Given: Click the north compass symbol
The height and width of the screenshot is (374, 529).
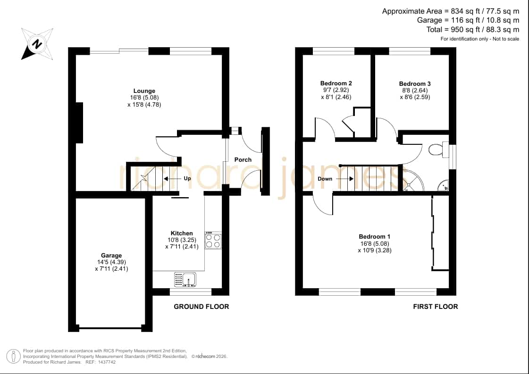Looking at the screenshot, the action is tap(37, 44).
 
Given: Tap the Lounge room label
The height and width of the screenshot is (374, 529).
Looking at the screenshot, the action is tap(144, 91).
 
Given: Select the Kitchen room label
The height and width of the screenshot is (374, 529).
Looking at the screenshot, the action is tap(182, 233).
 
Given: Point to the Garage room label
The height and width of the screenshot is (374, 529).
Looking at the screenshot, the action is tap(111, 255).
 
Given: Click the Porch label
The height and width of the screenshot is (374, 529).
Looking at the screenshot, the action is tap(243, 159).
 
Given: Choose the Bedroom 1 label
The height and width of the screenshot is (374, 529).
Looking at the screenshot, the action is tap(375, 236).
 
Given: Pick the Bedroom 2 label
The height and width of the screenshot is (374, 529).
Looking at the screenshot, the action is tap(336, 83).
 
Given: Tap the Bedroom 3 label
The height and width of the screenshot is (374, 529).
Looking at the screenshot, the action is tap(415, 83).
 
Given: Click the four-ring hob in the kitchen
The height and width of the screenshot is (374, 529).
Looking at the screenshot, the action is tap(213, 241).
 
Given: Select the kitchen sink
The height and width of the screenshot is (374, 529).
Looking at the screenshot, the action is tap(185, 280).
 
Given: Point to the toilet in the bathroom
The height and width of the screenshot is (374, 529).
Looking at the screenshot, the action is tap(438, 150).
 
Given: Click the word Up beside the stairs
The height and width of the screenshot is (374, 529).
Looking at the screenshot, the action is tap(187, 178).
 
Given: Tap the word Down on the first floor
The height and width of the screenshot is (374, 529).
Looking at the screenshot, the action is tap(325, 179).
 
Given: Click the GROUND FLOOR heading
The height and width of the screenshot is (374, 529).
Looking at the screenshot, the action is tap(202, 307).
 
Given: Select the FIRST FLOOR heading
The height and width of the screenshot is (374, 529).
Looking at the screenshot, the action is tap(436, 307).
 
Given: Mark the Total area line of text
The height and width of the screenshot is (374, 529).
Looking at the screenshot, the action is tap(473, 30).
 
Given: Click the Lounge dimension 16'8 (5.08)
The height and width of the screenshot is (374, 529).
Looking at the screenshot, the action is tap(144, 98).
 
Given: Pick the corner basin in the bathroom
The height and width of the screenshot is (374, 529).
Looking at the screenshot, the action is tap(443, 185).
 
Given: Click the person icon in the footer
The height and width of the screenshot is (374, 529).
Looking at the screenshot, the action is tap(14, 357).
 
